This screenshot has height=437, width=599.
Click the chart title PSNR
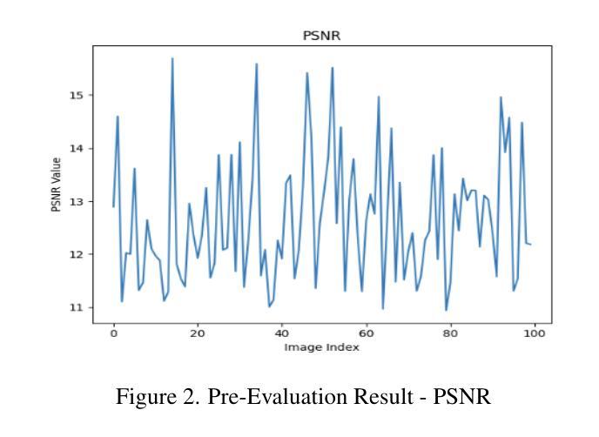[321, 37]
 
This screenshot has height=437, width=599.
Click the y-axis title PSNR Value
[57, 184]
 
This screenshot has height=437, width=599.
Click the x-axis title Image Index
[321, 347]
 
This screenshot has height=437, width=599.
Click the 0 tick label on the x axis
[113, 333]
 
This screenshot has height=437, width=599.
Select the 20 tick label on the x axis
[198, 333]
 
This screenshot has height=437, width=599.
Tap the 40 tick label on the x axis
[281, 333]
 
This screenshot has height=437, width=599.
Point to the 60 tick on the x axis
[366, 333]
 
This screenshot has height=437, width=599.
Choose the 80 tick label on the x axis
[450, 333]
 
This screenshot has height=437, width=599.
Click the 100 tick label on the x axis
[534, 333]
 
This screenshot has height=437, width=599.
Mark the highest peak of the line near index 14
[172, 58]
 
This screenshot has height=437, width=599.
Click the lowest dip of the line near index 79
[446, 310]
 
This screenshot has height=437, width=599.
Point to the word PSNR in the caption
[462, 398]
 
